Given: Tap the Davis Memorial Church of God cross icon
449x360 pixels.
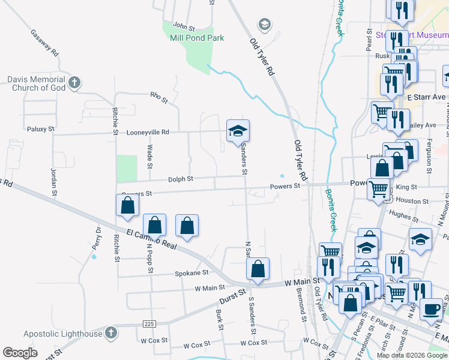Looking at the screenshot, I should coord(74,83).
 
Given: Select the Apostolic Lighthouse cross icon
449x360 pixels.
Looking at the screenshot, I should coord(110,332).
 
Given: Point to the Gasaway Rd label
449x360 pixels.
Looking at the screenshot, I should coord(44,43).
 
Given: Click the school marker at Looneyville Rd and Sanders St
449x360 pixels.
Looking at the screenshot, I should coord(238,131).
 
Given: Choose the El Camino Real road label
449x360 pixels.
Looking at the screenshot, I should coord(151,238).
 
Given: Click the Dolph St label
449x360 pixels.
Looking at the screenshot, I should coord(180,179).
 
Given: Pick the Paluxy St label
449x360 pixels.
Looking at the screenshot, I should coord(41,129).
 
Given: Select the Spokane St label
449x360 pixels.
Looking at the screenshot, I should coord(191,272).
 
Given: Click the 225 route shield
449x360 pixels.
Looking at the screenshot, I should coord(149,324).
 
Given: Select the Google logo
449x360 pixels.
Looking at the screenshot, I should coord(20,353).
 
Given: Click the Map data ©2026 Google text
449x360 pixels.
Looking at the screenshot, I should coord(411,355).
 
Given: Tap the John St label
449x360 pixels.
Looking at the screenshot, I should coord(184,27).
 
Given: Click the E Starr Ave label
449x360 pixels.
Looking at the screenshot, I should coord(426,97).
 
